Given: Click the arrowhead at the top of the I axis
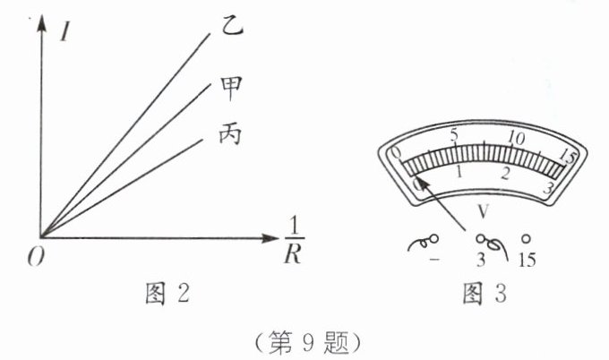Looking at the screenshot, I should (41, 20).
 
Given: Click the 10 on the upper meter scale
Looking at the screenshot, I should (514, 139).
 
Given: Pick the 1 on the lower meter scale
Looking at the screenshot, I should (459, 172).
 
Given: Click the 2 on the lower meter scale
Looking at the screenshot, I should (505, 175).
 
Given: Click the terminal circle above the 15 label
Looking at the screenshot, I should (526, 240).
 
